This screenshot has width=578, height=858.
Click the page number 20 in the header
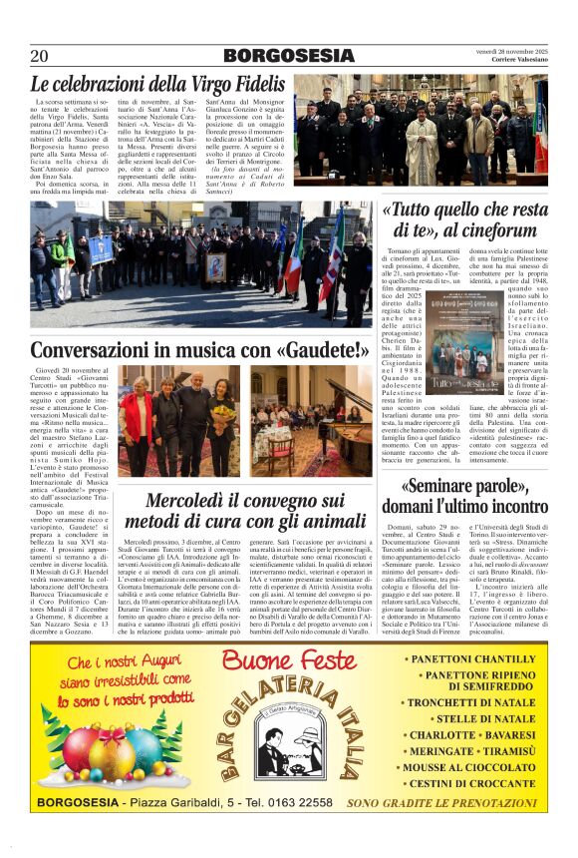pos(41,55)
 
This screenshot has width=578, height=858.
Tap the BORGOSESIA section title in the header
pos(288,55)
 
